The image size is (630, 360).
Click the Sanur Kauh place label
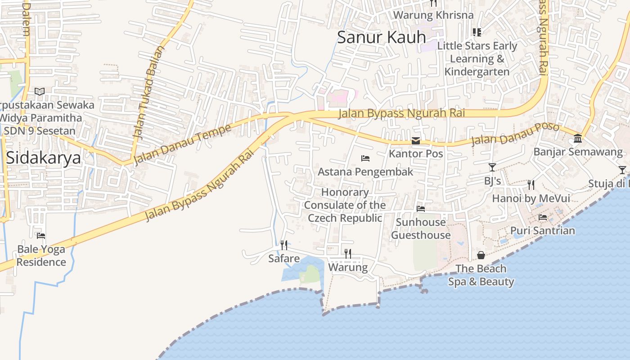click(x=381, y=37)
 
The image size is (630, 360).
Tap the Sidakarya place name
click(x=44, y=158)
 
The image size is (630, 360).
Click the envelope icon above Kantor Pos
click(x=416, y=141)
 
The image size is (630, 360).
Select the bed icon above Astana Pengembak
click(x=365, y=158)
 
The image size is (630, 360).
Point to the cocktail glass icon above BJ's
click(x=492, y=167)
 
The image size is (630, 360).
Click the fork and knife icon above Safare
click(x=284, y=245)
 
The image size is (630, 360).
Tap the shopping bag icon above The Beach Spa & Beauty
click(x=481, y=256)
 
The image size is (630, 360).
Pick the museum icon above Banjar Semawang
click(x=578, y=139)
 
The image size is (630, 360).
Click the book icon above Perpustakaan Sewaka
click(x=40, y=92)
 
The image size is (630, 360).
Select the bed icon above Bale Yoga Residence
click(x=41, y=236)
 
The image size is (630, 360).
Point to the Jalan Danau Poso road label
click(x=515, y=134)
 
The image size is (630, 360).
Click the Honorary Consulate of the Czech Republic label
click(x=345, y=205)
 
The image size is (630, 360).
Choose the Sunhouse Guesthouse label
click(x=421, y=229)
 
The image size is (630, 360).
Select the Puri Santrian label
click(x=542, y=231)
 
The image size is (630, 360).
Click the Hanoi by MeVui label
click(x=531, y=198)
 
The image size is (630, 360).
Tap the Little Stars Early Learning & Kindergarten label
click(x=477, y=58)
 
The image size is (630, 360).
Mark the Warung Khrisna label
click(x=433, y=15)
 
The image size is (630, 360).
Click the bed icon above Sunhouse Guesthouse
click(x=421, y=209)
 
